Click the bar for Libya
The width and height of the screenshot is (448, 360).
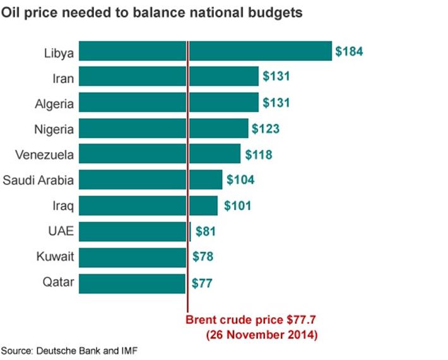coord(206,51)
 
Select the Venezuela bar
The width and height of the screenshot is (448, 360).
coord(161,154)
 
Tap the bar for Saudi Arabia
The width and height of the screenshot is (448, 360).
coord(151,180)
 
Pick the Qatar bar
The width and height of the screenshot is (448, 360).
coord(133,283)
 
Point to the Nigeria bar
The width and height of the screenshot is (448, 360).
coord(165,129)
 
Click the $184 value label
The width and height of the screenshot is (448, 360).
coord(349,52)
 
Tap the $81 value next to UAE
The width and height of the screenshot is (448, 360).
coord(206,232)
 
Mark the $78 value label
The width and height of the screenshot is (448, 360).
coord(202,257)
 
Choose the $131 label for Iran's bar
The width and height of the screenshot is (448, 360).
coord(275,77)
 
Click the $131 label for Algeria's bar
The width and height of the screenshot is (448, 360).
coord(275,103)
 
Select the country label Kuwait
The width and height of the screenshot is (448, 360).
coord(57,257)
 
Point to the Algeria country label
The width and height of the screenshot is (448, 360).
coord(56,103)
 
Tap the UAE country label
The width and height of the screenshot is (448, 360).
coord(61,231)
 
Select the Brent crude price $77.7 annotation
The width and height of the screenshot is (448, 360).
coord(251,320)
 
